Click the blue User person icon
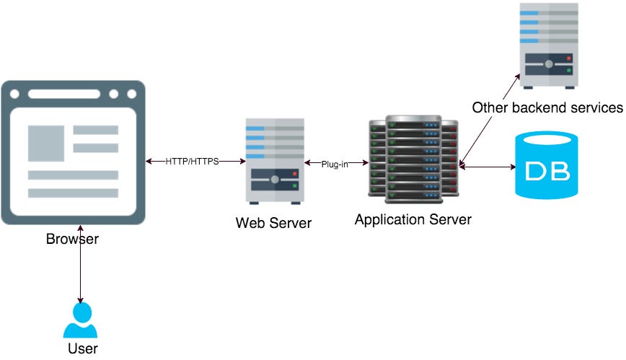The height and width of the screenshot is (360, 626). coord(80,321)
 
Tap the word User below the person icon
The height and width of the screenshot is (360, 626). coord(82,349)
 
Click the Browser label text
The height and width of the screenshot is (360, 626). coord(72,239)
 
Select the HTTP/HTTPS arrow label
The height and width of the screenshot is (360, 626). coord(192,161)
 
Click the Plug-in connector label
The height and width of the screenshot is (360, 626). coord(335,164)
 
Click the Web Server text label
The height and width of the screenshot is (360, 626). coord(273,223)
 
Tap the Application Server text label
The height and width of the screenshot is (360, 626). coord(413,219)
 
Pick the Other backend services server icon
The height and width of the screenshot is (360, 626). coord(549,45)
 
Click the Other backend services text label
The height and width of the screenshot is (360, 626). coord(547,108)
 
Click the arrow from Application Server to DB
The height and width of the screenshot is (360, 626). coord(487,167)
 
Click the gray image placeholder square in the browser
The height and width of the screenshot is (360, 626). coord(45,144)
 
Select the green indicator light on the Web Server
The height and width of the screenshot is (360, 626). coord(296,186)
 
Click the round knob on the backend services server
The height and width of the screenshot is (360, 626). coord(550,63)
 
